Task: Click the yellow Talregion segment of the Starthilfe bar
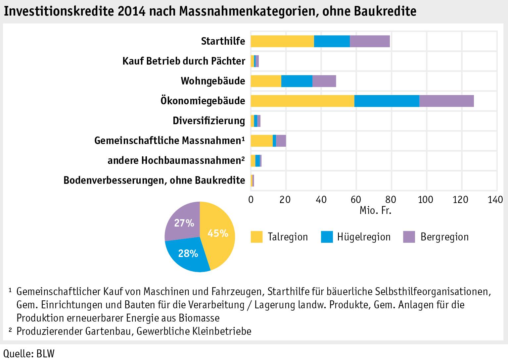click(282, 41)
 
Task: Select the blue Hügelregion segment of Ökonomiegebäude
click(387, 101)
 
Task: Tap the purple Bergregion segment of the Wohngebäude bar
click(324, 81)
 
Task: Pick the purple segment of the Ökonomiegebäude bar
click(446, 101)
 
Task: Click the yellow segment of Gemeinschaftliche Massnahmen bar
click(261, 141)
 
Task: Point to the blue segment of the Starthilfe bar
click(332, 41)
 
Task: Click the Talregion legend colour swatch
click(256, 237)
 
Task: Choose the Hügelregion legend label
click(364, 237)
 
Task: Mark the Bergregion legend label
click(444, 237)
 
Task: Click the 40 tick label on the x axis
click(321, 199)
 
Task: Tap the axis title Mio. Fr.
click(375, 211)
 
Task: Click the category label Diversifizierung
click(209, 121)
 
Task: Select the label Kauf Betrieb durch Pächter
click(184, 61)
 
